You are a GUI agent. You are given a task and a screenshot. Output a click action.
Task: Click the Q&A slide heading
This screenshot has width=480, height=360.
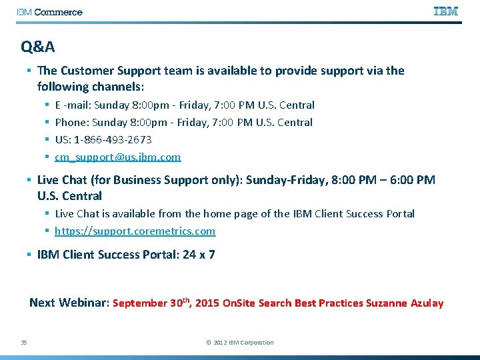coord(38,47)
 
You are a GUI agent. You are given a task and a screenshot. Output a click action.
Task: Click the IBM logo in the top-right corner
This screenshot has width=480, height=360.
coord(446,11)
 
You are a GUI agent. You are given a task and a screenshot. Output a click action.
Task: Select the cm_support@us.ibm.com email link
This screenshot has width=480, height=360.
coord(117,157)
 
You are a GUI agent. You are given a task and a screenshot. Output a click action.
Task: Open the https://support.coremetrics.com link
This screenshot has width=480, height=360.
coord(135,231)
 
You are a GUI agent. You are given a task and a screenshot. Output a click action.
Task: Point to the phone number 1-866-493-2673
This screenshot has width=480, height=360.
coord(113,139)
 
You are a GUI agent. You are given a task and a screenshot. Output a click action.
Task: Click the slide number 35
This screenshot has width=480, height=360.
coord(24,343)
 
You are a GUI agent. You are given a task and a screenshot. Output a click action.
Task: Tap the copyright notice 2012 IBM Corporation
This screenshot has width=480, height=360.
coord(240,343)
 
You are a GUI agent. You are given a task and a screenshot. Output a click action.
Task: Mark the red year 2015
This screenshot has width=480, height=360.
coord(207,303)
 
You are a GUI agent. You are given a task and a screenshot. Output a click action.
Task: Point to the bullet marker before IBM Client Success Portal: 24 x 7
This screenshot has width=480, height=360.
coord(29,255)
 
